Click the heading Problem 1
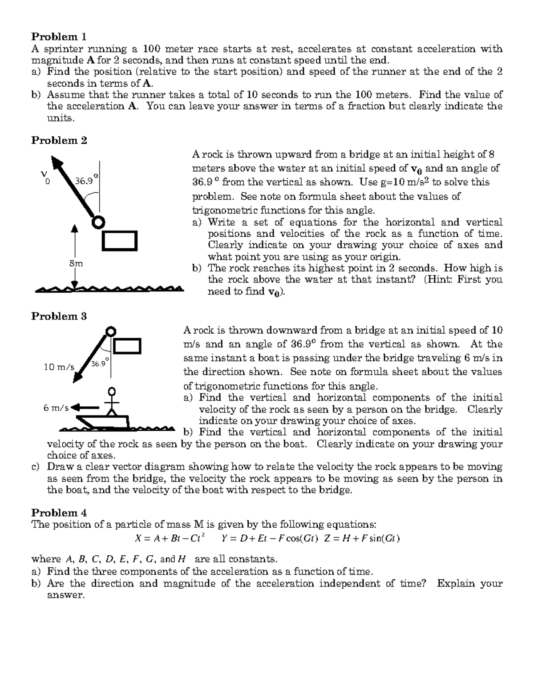(x=59, y=36)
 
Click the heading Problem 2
(x=59, y=141)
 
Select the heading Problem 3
(x=59, y=316)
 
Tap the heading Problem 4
(x=59, y=513)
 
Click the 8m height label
(x=76, y=263)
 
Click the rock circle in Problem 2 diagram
(x=98, y=222)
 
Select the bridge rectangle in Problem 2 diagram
(x=120, y=240)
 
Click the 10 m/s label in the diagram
(x=59, y=367)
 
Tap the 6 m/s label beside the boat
(x=56, y=408)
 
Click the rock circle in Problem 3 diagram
(x=110, y=331)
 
